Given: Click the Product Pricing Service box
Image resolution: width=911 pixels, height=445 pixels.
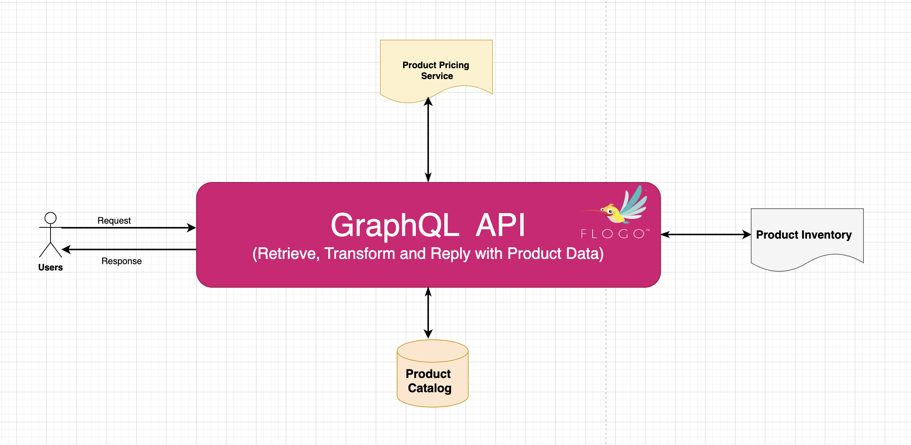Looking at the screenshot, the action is [436, 69].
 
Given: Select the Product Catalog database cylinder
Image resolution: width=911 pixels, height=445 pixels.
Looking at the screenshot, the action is [432, 373].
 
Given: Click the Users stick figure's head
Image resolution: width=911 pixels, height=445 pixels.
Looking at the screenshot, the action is [51, 218].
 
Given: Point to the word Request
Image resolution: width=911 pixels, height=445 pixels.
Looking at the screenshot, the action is [114, 221].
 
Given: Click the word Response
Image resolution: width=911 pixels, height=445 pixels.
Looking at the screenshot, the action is [122, 261].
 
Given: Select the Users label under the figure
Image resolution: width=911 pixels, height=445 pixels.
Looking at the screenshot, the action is [51, 267].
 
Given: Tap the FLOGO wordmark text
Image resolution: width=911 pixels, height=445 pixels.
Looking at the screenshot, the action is [615, 234].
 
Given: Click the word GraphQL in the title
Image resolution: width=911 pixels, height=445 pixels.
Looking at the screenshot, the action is [395, 225].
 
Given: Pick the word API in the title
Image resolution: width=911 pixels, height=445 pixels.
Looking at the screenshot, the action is [500, 225].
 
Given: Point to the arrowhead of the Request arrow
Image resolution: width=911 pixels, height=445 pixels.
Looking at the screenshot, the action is [191, 227].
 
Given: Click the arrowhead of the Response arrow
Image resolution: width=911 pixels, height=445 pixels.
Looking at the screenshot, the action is [66, 249].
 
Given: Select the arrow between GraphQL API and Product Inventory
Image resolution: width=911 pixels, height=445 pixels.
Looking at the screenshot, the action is [706, 234].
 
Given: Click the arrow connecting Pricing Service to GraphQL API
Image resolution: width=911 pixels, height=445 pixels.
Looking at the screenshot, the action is [428, 139].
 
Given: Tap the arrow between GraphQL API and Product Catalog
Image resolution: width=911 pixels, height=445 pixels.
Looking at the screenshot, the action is [428, 313].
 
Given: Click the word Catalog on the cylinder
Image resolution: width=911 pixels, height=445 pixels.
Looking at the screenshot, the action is [430, 388].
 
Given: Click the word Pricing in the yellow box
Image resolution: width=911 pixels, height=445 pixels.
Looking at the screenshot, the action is [454, 66].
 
